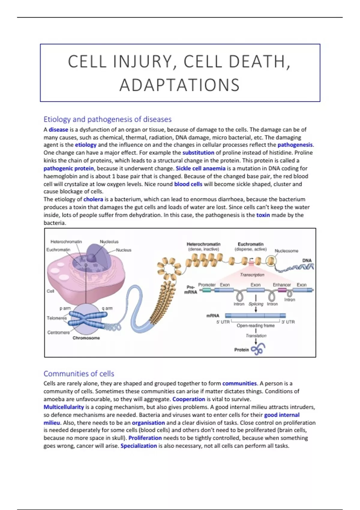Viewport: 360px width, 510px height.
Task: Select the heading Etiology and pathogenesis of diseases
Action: [x=107, y=119]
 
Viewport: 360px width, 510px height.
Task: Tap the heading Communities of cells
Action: [x=79, y=373]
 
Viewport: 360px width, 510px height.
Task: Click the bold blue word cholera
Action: [x=93, y=199]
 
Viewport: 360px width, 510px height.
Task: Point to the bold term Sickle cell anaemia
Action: [x=200, y=168]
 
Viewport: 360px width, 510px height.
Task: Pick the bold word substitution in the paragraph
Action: [x=198, y=153]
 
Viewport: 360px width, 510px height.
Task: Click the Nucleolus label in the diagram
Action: [x=109, y=241]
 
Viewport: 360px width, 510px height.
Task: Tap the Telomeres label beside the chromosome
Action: [x=57, y=318]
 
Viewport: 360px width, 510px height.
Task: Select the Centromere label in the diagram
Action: [x=58, y=332]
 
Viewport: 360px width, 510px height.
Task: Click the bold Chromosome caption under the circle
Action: [x=86, y=338]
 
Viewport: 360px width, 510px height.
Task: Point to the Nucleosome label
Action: [x=286, y=251]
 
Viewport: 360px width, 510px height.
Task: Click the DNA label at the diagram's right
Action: [x=307, y=260]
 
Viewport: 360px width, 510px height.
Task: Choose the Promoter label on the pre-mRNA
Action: [x=207, y=285]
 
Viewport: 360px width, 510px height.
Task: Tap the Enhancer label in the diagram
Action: [x=282, y=285]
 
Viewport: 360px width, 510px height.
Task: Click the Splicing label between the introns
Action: [x=256, y=304]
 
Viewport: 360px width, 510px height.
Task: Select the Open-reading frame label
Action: [x=256, y=325]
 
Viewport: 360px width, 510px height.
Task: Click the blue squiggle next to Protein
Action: [x=258, y=349]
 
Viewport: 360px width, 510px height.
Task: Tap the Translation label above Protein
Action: [x=256, y=336]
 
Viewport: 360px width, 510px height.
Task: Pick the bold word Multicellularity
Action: [x=64, y=407]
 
